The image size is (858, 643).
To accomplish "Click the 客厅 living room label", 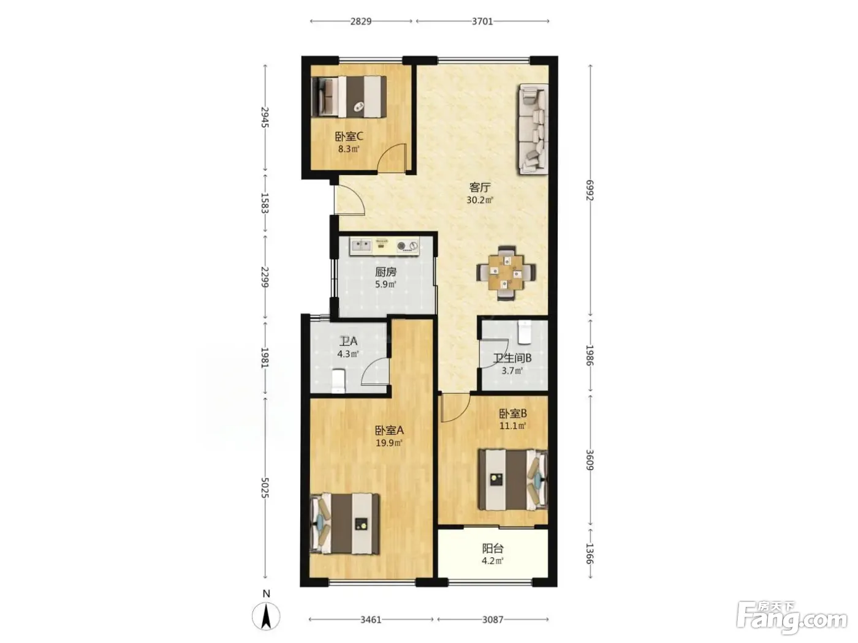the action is [480, 187].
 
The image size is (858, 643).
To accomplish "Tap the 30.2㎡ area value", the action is [480, 200].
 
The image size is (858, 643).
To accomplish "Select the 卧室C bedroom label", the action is [349, 137].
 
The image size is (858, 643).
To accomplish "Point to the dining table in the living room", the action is [506, 273].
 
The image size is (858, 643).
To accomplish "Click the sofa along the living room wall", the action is [534, 129].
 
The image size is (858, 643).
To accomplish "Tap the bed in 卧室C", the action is [349, 96].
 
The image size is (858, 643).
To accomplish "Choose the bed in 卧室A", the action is [345, 524].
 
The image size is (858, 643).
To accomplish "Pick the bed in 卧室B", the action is [513, 480].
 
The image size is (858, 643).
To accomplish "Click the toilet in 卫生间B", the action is [525, 333].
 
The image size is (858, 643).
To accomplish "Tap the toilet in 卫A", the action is [338, 382].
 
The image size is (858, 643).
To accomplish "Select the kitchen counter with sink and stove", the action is [385, 246].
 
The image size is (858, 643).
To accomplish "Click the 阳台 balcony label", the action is [493, 549].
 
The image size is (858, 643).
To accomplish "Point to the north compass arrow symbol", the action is [266, 616].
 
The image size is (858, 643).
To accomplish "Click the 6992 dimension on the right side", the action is [590, 190].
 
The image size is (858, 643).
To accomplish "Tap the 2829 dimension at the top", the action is [361, 21].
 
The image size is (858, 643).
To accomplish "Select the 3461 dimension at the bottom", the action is [371, 620].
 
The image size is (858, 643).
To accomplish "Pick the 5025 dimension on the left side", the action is [265, 488].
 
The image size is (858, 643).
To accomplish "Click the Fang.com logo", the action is [792, 619].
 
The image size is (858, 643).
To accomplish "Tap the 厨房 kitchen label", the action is [386, 272].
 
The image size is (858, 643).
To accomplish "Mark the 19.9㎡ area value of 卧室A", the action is [389, 443].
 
